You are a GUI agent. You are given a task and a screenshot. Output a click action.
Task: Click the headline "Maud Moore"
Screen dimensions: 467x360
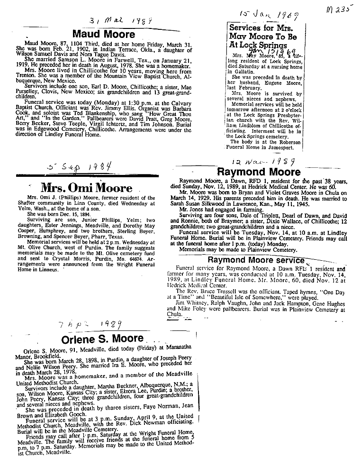pyautogui.click(x=103, y=34)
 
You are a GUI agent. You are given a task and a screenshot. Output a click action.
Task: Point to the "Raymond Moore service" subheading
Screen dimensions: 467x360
pyautogui.click(x=256, y=260)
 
